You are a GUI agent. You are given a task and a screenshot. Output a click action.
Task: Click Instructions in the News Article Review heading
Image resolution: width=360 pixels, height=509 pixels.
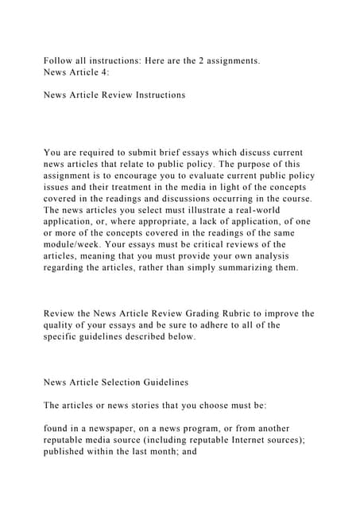157,95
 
